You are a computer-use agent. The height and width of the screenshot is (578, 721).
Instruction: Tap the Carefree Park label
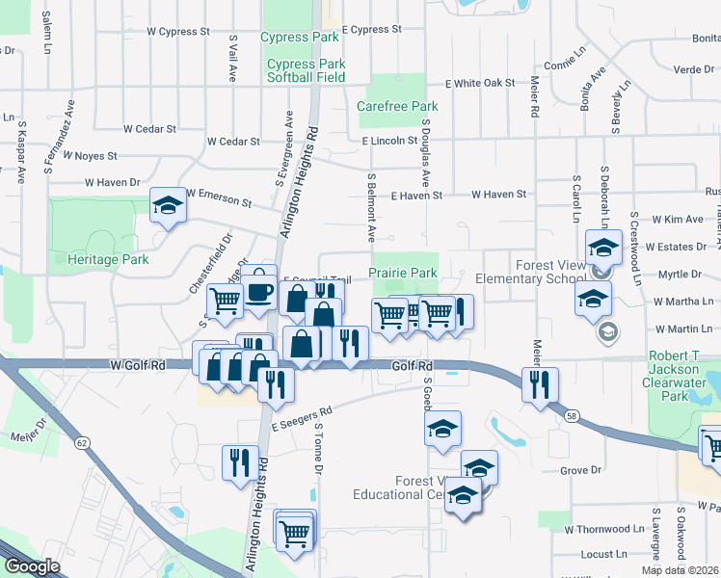point(397,107)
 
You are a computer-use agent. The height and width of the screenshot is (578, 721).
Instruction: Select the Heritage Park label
point(108,259)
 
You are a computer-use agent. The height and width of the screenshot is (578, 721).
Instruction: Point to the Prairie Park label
point(403,274)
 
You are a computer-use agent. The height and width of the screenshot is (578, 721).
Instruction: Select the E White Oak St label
point(480,84)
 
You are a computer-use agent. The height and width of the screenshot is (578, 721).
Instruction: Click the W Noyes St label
point(89,155)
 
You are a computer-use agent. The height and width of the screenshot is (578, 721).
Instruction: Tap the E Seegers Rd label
point(301,418)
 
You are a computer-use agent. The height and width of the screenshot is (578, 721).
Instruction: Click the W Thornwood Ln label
point(604,529)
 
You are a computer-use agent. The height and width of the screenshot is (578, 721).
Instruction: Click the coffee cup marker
point(258,289)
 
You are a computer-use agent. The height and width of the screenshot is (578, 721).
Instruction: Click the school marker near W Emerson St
point(168,204)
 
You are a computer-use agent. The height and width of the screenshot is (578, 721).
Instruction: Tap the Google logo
point(32,567)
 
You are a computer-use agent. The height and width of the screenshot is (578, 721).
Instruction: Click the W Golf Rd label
point(139,366)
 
